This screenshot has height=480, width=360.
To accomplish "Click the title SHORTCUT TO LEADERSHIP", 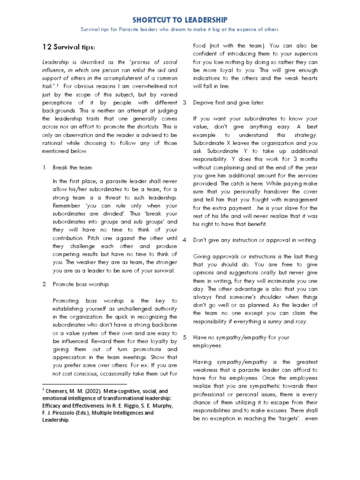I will (x=180, y=20).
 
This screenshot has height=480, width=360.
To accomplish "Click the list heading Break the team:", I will (x=73, y=167).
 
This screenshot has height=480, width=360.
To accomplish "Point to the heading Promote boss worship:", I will (x=82, y=284).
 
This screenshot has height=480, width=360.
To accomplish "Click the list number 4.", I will (x=185, y=240).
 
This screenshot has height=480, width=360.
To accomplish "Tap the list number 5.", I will (x=185, y=337).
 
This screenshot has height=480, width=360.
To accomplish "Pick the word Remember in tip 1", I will (x=67, y=205).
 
